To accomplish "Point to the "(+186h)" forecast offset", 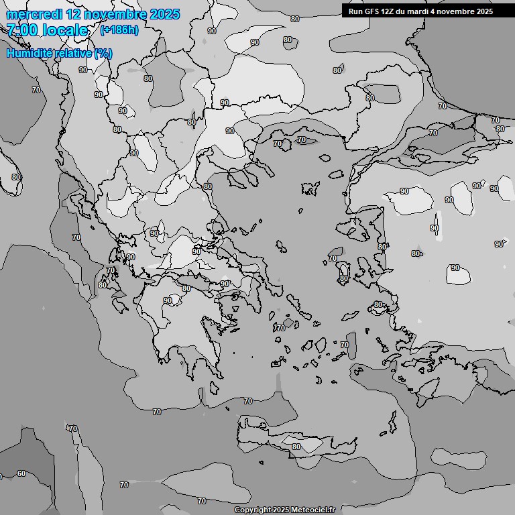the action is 119,30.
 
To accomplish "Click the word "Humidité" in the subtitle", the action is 30,54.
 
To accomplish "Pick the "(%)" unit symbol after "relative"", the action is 103,54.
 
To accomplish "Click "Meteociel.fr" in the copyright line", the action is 312,510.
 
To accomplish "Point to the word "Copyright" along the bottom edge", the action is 253,510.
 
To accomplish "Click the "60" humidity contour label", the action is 21,473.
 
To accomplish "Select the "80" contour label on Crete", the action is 296,447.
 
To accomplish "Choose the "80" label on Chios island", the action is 343,278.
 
